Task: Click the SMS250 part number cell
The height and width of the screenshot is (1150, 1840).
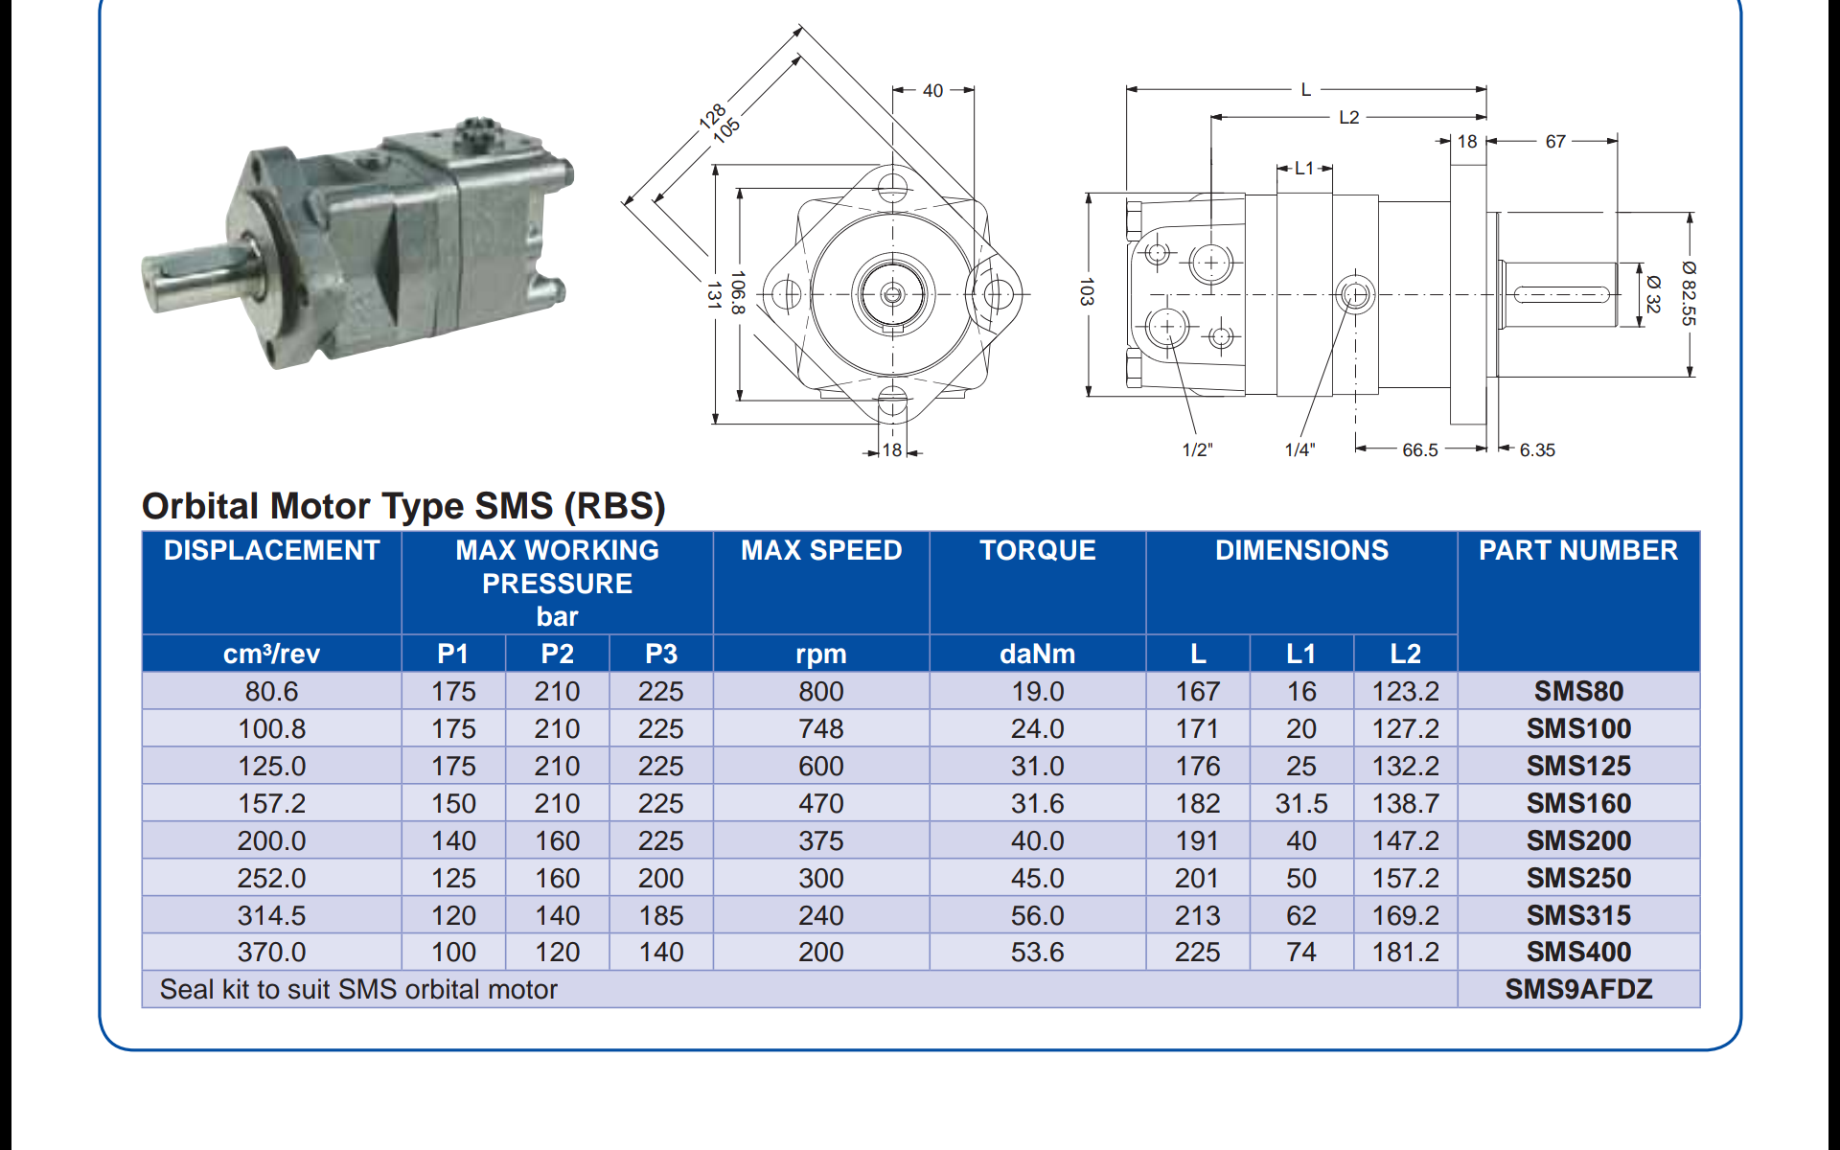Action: pos(1577,878)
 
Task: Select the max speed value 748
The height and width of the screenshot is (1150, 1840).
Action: pos(820,728)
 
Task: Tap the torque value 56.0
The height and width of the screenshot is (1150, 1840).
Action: pos(1037,915)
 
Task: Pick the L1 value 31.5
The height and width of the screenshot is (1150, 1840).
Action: pos(1300,803)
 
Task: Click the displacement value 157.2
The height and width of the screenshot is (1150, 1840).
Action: pos(271,803)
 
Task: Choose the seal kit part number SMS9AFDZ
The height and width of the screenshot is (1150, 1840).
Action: pos(1577,989)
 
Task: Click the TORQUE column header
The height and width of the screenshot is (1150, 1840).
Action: pos(1037,550)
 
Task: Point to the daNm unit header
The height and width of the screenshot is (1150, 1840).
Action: pos(1037,654)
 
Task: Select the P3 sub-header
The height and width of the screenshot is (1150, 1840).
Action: pos(660,654)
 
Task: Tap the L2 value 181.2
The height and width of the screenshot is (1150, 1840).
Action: pos(1404,952)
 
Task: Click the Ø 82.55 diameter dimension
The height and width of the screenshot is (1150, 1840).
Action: pos(1688,293)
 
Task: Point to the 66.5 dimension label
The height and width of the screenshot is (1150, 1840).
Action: pos(1419,449)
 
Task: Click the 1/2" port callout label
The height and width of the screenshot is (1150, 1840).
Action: pos(1196,449)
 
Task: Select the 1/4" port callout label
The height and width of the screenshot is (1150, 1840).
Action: pos(1299,449)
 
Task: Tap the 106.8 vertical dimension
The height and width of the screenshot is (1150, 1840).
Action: pos(737,292)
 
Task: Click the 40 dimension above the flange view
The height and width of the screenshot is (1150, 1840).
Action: pos(932,91)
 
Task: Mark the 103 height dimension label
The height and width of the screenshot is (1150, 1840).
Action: pos(1086,291)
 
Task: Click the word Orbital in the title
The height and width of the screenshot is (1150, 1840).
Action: pos(200,506)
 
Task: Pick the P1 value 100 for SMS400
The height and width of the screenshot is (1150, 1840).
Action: pos(453,952)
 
